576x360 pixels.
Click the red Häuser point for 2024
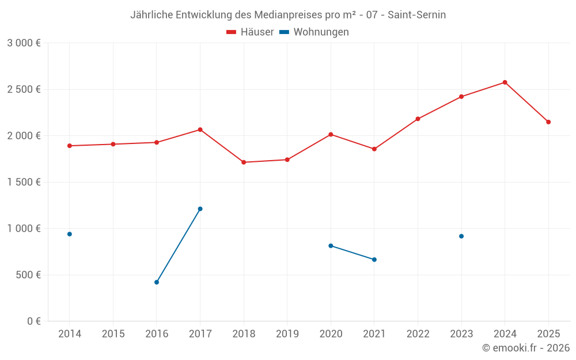[x=505, y=82]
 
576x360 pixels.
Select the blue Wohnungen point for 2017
[x=200, y=209]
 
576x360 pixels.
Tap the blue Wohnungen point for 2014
[x=70, y=234]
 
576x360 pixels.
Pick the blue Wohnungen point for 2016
[x=157, y=282]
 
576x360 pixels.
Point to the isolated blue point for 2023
[x=461, y=236]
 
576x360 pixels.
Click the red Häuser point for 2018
[x=244, y=162]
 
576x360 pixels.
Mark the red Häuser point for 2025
[x=548, y=122]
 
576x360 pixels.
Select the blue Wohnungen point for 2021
[x=374, y=260]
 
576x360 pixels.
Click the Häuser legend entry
[x=250, y=32]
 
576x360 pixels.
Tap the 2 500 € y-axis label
[x=24, y=89]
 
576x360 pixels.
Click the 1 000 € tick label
[x=24, y=228]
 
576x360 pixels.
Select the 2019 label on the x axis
[x=287, y=334]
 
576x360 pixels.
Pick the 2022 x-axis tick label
[x=418, y=334]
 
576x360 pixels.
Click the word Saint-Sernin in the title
[x=416, y=14]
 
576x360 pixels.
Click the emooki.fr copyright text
[x=525, y=348]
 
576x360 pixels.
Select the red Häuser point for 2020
[x=331, y=134]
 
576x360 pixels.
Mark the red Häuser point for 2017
[x=200, y=130]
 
